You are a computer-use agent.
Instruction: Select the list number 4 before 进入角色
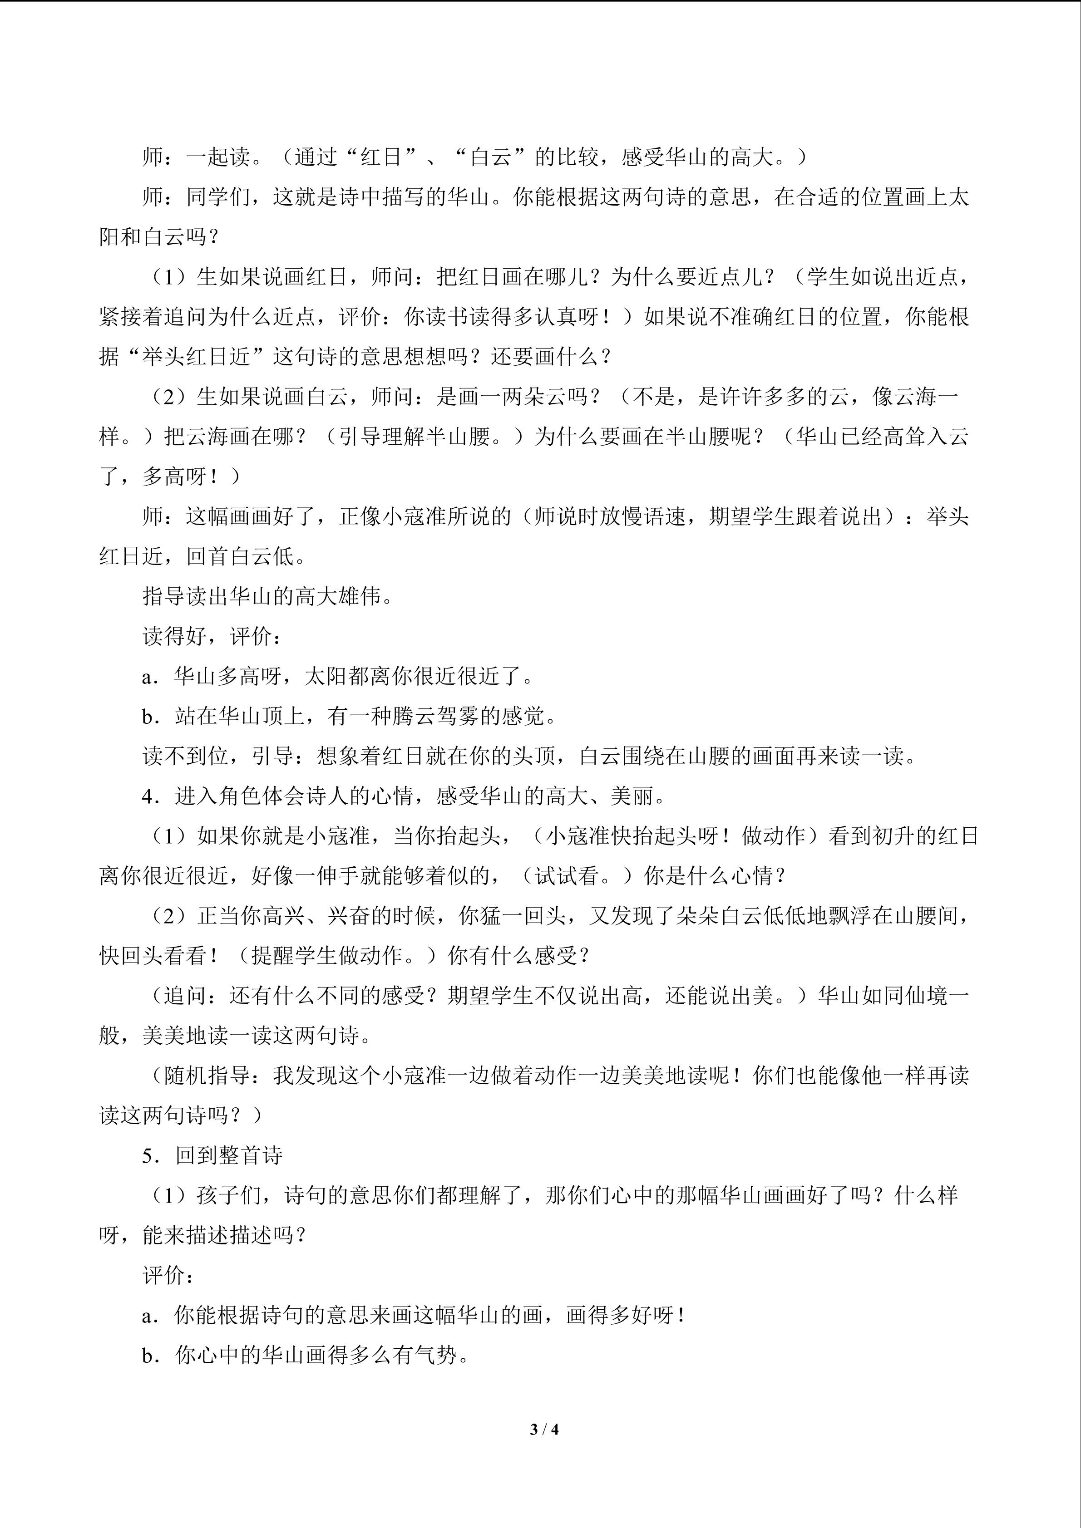pyautogui.click(x=148, y=796)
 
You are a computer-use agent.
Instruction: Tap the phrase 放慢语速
pyautogui.click(x=642, y=516)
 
